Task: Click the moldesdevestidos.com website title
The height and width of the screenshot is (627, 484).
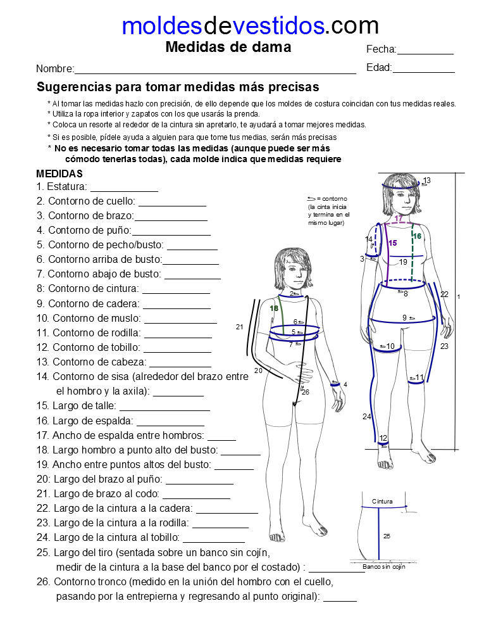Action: tap(250, 25)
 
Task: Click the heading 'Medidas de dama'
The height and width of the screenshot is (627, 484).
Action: tap(228, 47)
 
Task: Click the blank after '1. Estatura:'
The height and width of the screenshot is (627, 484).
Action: tap(124, 189)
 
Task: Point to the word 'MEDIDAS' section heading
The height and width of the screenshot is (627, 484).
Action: tap(59, 174)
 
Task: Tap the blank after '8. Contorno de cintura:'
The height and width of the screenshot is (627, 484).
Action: tap(176, 290)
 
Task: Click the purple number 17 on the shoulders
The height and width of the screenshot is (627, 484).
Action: tap(399, 218)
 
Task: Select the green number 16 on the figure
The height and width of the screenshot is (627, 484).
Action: tap(417, 236)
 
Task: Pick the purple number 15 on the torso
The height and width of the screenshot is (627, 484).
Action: tap(393, 243)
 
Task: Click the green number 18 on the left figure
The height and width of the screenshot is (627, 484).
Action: tap(274, 308)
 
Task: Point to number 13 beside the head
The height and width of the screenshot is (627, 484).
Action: tap(427, 181)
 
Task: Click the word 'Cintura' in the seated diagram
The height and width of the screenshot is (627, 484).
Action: tap(382, 501)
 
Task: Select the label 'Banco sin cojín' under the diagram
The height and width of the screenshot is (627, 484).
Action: tap(384, 567)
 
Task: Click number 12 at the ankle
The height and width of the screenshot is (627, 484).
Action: tap(383, 438)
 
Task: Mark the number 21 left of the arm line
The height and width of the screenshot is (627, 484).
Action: tap(239, 327)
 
